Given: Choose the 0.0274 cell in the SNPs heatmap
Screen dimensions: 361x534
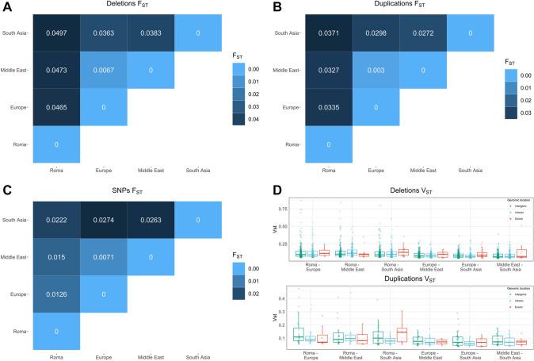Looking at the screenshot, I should pyautogui.click(x=103, y=219).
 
